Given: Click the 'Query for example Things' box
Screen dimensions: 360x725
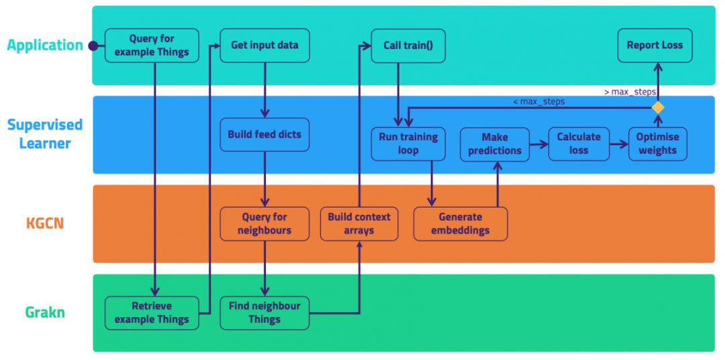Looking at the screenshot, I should pyautogui.click(x=152, y=46).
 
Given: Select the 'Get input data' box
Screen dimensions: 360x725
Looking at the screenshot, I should pyautogui.click(x=264, y=46).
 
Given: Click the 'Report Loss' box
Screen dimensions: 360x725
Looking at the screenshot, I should pyautogui.click(x=655, y=46).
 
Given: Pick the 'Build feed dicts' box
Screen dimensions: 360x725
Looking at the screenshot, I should pyautogui.click(x=264, y=134).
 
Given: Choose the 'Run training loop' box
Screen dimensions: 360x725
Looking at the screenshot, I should pyautogui.click(x=408, y=143).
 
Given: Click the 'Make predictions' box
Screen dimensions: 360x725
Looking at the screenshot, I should pyautogui.click(x=495, y=144).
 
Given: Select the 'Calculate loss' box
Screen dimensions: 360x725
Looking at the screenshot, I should pyautogui.click(x=579, y=143).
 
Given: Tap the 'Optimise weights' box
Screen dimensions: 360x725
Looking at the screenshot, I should pyautogui.click(x=657, y=143).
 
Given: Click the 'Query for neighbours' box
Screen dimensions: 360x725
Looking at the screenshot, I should pyautogui.click(x=264, y=224).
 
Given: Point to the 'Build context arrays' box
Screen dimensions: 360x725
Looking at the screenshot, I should pyautogui.click(x=360, y=224).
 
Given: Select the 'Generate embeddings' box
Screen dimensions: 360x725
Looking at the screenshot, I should pyautogui.click(x=461, y=224).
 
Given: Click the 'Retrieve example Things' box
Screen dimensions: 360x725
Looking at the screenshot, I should pyautogui.click(x=152, y=313).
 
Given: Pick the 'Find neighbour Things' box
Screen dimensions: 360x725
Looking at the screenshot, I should pyautogui.click(x=264, y=313).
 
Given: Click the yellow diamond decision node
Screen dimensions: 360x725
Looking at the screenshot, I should pyautogui.click(x=658, y=107).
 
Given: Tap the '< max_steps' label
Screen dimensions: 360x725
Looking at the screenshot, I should pyautogui.click(x=538, y=101).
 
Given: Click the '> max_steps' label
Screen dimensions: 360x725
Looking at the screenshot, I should pyautogui.click(x=630, y=91).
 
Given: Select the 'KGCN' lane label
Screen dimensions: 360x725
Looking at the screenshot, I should pyautogui.click(x=45, y=223).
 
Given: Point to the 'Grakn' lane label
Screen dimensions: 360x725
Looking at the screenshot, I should pyautogui.click(x=45, y=312).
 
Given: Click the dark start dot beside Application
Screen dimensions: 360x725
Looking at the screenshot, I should pyautogui.click(x=93, y=46).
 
